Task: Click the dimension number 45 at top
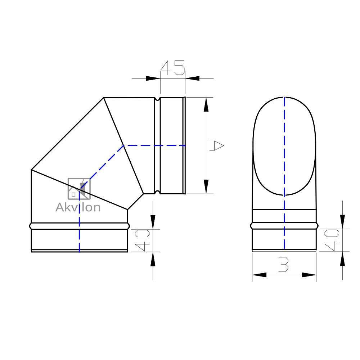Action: (x=173, y=68)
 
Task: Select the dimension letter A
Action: (x=216, y=145)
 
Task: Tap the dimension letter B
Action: (x=284, y=264)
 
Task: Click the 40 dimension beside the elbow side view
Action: (x=142, y=240)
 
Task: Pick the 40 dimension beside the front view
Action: (x=332, y=240)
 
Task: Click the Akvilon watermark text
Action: (x=78, y=207)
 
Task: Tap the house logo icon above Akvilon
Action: (x=79, y=189)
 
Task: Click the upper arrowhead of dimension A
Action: (x=206, y=104)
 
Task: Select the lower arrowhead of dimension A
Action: (x=206, y=186)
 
